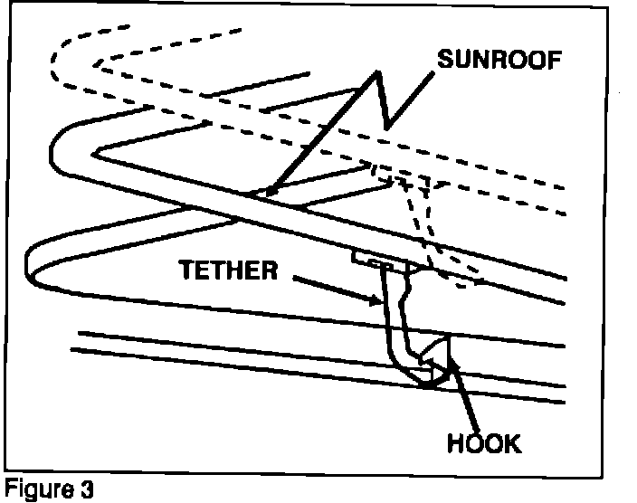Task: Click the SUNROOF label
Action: [x=499, y=61]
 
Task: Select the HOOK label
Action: [x=485, y=444]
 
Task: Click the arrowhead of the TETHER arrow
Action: [x=378, y=301]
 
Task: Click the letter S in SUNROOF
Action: [x=445, y=61]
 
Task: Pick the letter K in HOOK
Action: [x=513, y=444]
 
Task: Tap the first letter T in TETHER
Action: [x=185, y=270]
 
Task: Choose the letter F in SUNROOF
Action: [x=555, y=61]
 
